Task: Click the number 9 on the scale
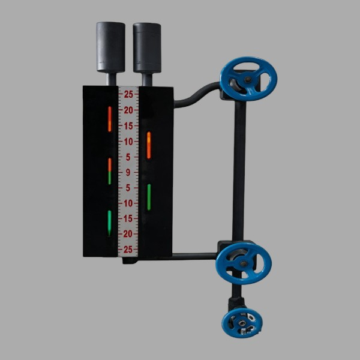128,172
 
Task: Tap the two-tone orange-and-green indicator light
110,171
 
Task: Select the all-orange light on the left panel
110,119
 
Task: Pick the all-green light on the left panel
110,223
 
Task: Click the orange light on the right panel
149,145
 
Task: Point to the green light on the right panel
149,197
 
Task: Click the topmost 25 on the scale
128,94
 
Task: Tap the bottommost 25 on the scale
128,250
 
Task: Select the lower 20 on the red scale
128,234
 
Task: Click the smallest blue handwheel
242,323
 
